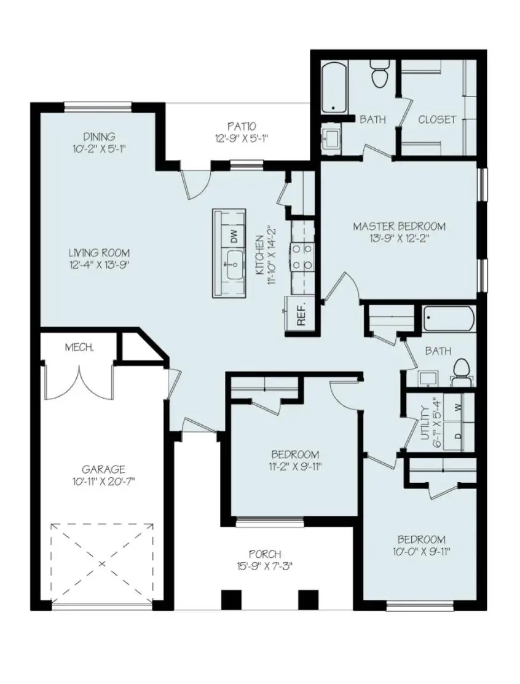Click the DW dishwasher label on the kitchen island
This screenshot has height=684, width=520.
point(233,236)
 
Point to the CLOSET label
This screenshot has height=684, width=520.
point(437,119)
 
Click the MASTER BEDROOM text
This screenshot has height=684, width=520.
point(399,227)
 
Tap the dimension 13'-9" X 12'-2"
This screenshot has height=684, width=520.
point(399,239)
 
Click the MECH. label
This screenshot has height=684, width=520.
point(79,348)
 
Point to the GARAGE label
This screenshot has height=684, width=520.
point(104,469)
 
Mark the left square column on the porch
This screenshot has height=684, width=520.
point(230,600)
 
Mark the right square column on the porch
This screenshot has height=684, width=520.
point(307,600)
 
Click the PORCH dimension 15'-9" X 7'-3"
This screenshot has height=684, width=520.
point(265,567)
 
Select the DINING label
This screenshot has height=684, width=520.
point(100,137)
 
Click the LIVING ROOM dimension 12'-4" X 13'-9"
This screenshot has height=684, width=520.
point(99,265)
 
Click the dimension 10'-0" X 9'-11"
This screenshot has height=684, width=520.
point(421,551)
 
